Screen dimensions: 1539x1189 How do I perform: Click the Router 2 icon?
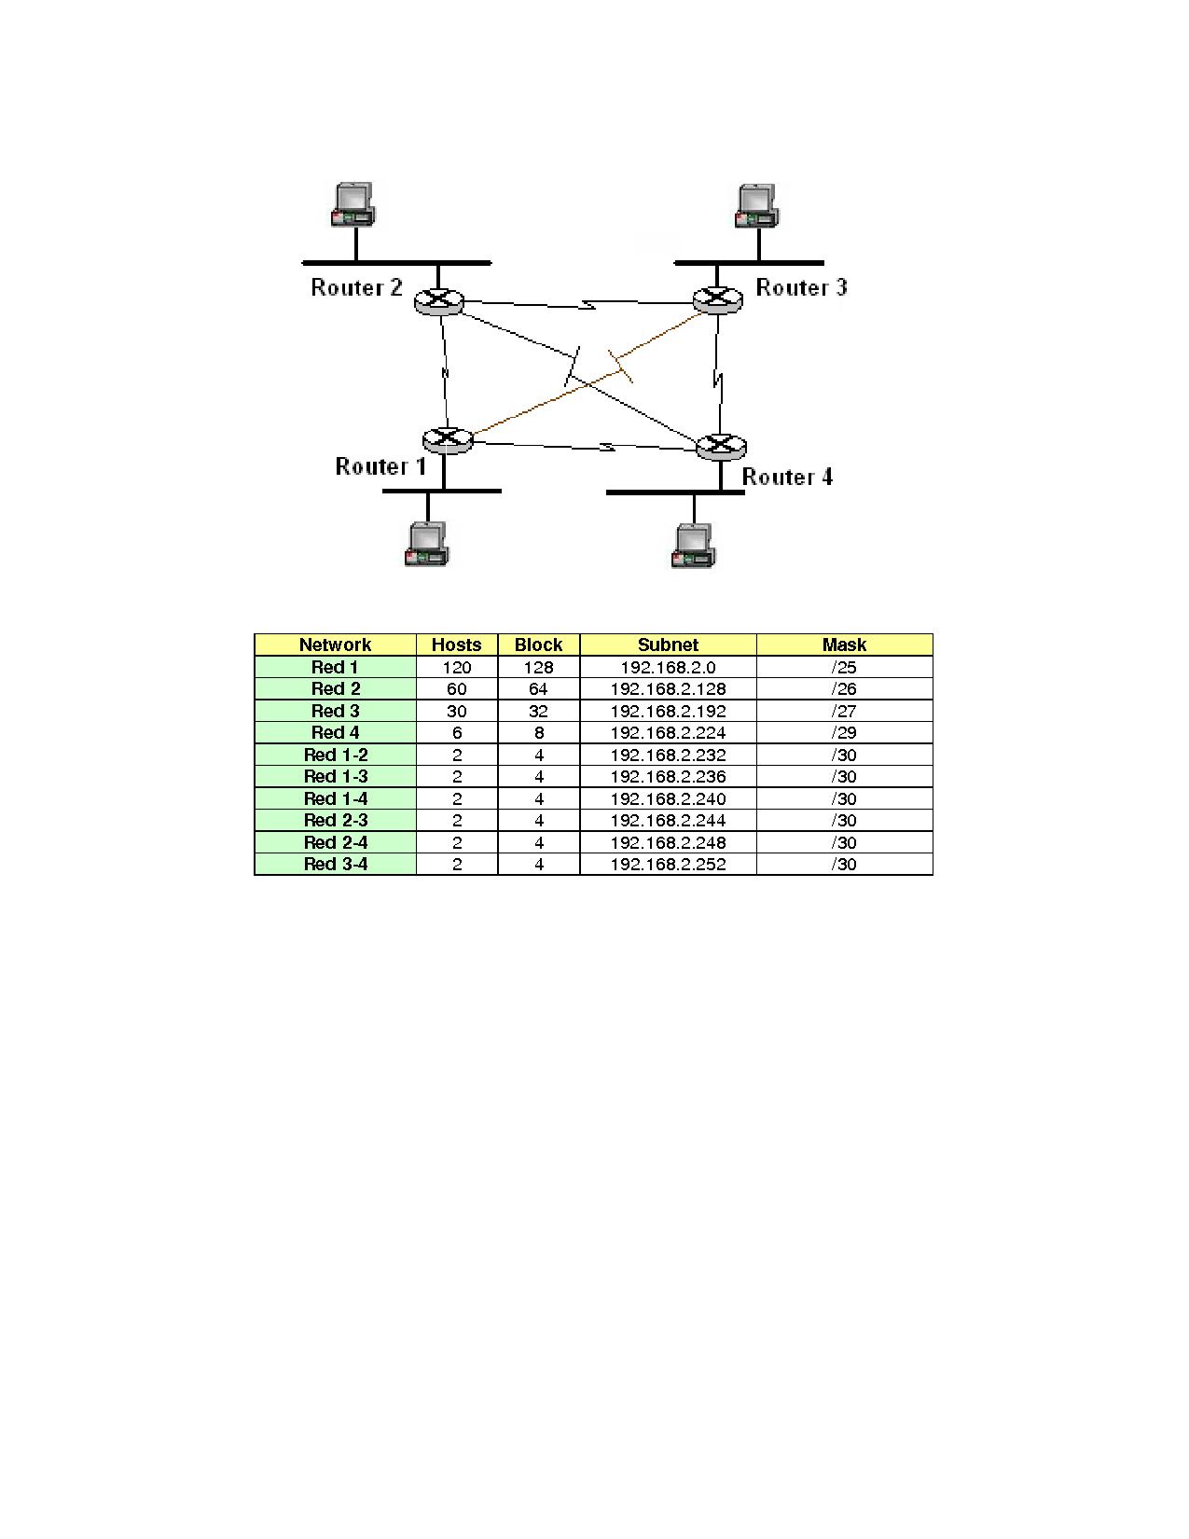click(x=438, y=300)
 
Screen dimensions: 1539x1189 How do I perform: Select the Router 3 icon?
click(x=717, y=299)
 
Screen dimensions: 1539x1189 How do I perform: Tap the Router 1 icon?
click(x=448, y=439)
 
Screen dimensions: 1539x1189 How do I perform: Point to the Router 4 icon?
click(x=721, y=447)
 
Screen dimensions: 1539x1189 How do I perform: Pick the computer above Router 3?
click(x=757, y=206)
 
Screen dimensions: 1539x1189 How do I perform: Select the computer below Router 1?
click(x=428, y=544)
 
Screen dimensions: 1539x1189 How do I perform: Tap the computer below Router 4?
click(x=694, y=546)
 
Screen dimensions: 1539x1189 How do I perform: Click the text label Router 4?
click(x=787, y=478)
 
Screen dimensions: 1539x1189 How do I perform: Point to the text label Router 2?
click(x=356, y=287)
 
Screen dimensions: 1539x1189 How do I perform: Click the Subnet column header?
click(x=668, y=645)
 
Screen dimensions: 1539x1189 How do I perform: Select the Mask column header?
click(x=844, y=645)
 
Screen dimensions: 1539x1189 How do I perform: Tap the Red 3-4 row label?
click(x=336, y=865)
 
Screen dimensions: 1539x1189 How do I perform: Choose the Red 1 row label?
click(x=335, y=668)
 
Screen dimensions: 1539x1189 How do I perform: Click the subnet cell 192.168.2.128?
click(x=668, y=689)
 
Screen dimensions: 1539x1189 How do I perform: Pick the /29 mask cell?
click(x=844, y=733)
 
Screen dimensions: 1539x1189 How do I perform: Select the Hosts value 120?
click(x=457, y=668)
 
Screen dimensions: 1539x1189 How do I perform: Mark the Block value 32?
click(x=539, y=712)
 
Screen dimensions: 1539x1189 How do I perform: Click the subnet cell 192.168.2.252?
click(x=668, y=865)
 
